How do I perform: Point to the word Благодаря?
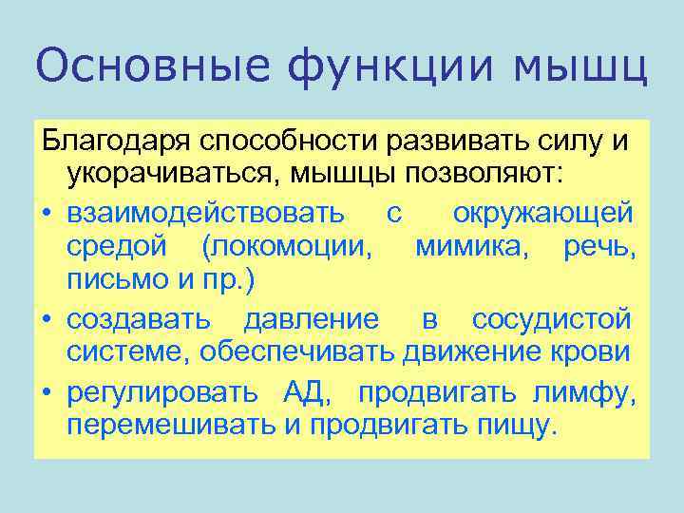113,142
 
